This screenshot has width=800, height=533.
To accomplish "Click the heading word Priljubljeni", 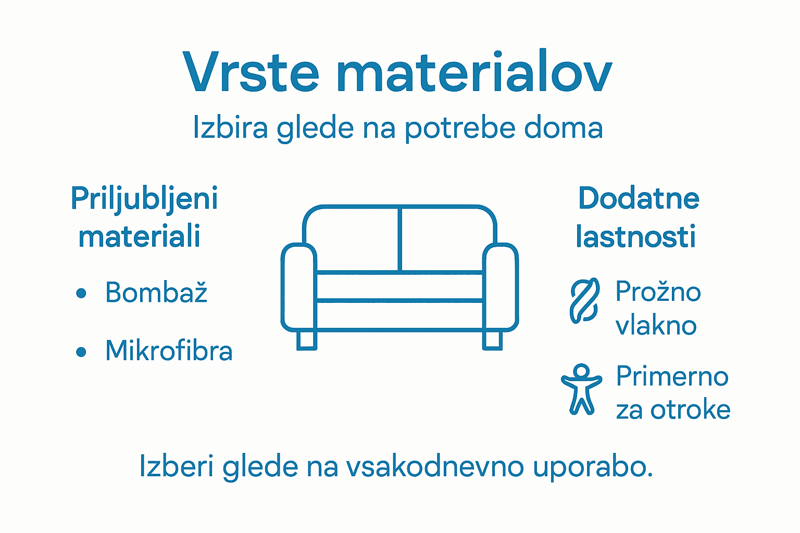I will coord(144,200).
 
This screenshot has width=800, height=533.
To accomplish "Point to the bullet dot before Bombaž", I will coord(81,294).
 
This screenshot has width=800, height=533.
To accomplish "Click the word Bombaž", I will coord(156,293).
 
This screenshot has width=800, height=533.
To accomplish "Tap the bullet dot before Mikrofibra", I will coord(81,352).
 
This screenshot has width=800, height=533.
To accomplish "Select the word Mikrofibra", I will coord(169,351).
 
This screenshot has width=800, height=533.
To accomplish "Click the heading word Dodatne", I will coord(639,199).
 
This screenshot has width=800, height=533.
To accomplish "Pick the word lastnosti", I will coord(635,237).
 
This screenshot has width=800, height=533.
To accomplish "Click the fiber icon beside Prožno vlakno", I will coord(584,300).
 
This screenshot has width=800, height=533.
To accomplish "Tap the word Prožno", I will coord(658,293).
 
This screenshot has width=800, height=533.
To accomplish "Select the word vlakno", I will coord(656,326).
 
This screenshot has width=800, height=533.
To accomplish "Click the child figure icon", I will coord(581,389).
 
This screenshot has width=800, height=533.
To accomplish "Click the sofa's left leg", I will coord(306,340).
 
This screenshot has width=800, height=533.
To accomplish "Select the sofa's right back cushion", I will coord(447,239).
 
